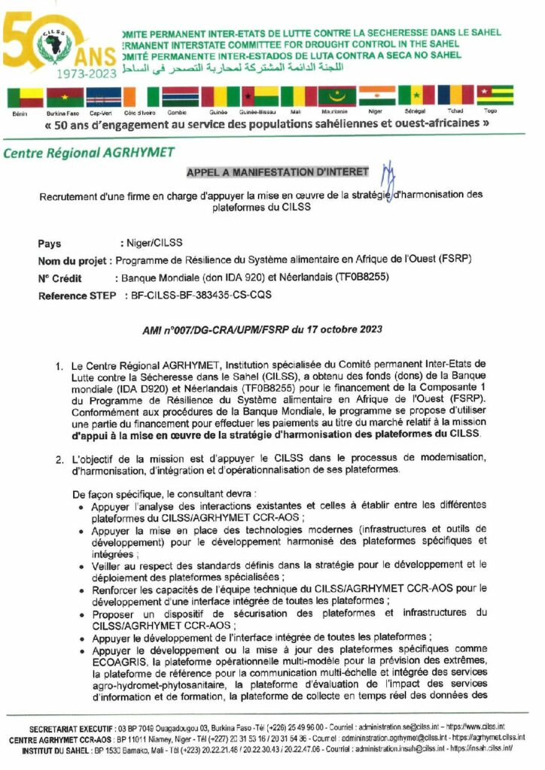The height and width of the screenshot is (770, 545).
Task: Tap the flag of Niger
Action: (x=376, y=95)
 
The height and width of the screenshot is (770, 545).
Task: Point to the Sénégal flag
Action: (x=416, y=95)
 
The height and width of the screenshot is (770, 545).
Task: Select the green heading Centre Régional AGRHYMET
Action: (x=90, y=153)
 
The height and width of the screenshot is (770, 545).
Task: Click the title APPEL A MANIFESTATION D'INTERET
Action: (x=278, y=172)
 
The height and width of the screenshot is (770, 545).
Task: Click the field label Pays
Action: (x=50, y=244)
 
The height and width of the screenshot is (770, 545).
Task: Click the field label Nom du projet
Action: (x=73, y=261)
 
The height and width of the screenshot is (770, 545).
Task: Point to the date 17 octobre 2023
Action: (x=339, y=329)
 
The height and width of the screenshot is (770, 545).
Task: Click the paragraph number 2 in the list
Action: (x=58, y=458)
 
